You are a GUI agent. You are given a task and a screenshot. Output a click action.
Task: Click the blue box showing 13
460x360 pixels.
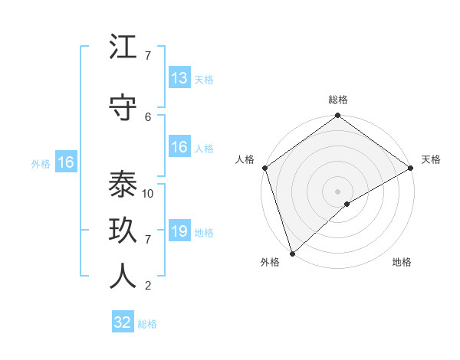coord(179,78)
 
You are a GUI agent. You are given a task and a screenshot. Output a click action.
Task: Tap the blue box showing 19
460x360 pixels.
coord(179,231)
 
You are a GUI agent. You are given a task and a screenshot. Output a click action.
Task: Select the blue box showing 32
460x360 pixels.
coord(123,322)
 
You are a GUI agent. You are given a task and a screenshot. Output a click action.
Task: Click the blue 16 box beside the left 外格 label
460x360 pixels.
coord(66,162)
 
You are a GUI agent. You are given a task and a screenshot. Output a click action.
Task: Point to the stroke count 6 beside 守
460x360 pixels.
coord(148,116)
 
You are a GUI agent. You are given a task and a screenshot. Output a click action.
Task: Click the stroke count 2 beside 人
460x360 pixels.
coord(148,286)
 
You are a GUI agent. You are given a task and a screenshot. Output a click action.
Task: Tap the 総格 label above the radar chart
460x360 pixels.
coord(338,100)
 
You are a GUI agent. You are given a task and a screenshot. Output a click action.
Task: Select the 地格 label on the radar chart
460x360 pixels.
coord(402,263)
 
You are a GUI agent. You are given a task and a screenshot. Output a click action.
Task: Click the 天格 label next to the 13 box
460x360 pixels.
coord(204,79)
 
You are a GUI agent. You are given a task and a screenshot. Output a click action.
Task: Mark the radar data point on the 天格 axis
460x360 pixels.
coord(411,168)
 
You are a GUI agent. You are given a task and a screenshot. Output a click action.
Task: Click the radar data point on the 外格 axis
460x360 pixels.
coord(292,253)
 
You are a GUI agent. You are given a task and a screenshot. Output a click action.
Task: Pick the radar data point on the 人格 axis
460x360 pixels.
coord(264,168)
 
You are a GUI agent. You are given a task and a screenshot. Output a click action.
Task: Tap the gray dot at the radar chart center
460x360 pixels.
coord(337,191)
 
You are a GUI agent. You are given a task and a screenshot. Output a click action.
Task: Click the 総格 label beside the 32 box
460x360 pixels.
coord(147,323)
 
